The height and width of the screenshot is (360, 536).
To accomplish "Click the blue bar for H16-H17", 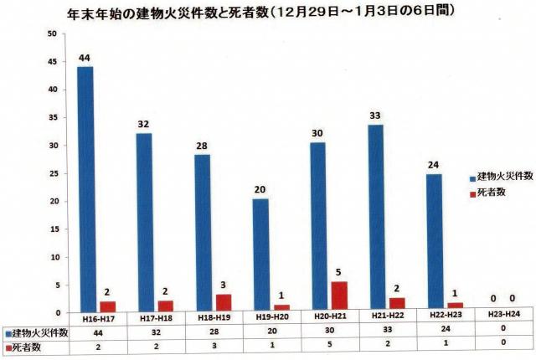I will [85, 188].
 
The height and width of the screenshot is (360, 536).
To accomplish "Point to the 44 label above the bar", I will [85, 57].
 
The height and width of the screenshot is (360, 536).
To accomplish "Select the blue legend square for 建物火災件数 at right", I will [472, 178].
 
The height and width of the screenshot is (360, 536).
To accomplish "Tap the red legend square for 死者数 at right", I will [472, 192].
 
